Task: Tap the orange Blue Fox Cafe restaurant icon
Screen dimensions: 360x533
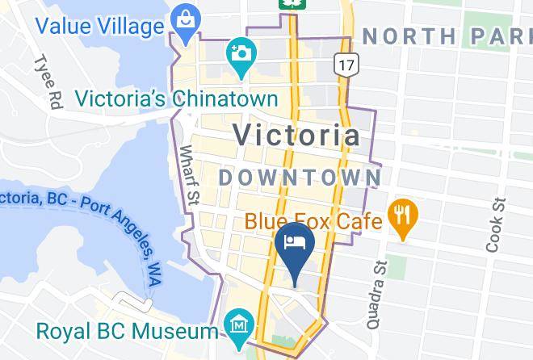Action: (401, 215)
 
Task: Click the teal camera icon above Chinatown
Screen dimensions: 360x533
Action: (239, 54)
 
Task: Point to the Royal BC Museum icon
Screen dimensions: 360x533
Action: (239, 326)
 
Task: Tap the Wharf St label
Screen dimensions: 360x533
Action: (189, 174)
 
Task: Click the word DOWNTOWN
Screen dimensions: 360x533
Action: (300, 177)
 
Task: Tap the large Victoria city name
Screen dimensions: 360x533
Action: (296, 135)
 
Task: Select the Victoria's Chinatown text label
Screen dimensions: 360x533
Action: (176, 98)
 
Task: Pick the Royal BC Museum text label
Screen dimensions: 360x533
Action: (126, 331)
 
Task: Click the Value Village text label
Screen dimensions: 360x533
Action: (99, 27)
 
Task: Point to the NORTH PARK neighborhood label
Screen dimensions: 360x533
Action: (447, 36)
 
